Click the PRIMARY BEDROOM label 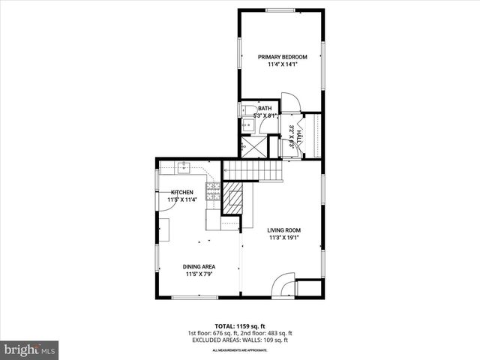point(281,57)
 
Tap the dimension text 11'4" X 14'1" point(281,64)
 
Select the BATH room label point(265,108)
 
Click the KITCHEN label point(182,193)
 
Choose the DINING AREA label point(199,266)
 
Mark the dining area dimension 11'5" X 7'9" point(199,274)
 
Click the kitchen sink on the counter point(184,167)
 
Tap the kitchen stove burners point(213,191)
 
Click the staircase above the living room point(252,171)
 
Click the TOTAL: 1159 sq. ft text point(239,325)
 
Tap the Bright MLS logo point(30,349)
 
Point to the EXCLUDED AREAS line point(239,340)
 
